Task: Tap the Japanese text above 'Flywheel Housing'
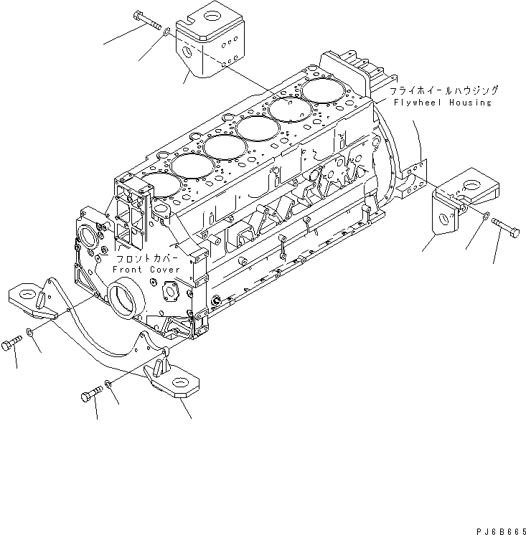pos(444,91)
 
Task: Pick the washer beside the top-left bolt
pos(166,32)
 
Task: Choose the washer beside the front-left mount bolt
pos(29,331)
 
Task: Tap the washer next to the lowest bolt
pos(108,384)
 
